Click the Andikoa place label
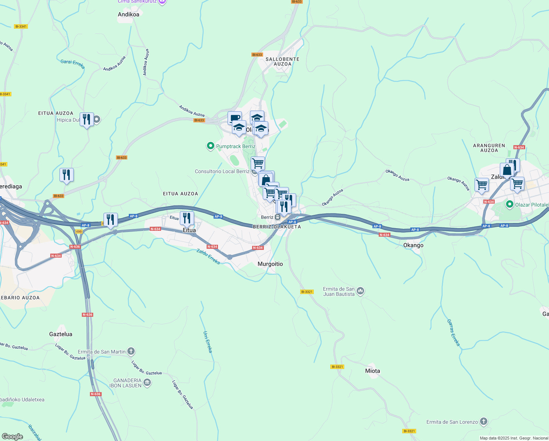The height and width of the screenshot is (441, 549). pyautogui.click(x=128, y=14)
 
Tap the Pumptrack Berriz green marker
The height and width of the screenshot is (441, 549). pyautogui.click(x=211, y=146)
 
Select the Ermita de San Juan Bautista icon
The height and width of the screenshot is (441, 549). pyautogui.click(x=360, y=291)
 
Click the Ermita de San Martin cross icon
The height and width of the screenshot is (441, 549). pyautogui.click(x=131, y=352)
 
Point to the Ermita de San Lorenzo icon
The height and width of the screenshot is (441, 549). pyautogui.click(x=484, y=422)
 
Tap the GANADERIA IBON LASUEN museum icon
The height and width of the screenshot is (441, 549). pyautogui.click(x=147, y=383)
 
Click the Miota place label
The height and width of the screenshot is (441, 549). pyautogui.click(x=372, y=371)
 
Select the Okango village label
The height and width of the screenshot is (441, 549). pyautogui.click(x=413, y=245)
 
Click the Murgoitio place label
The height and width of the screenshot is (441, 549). pyautogui.click(x=270, y=264)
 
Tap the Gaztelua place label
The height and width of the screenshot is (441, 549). pyautogui.click(x=61, y=334)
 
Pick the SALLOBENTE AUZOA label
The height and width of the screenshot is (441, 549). pyautogui.click(x=282, y=61)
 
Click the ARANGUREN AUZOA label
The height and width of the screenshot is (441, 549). pyautogui.click(x=489, y=148)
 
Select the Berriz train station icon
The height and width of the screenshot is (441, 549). pyautogui.click(x=278, y=217)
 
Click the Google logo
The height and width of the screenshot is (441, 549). pyautogui.click(x=12, y=436)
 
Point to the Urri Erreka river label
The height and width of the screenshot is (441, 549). pyautogui.click(x=208, y=342)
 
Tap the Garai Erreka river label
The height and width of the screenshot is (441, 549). pyautogui.click(x=73, y=64)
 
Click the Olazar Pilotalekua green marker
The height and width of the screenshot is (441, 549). pyautogui.click(x=509, y=204)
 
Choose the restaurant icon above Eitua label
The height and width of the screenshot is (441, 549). pyautogui.click(x=186, y=218)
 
